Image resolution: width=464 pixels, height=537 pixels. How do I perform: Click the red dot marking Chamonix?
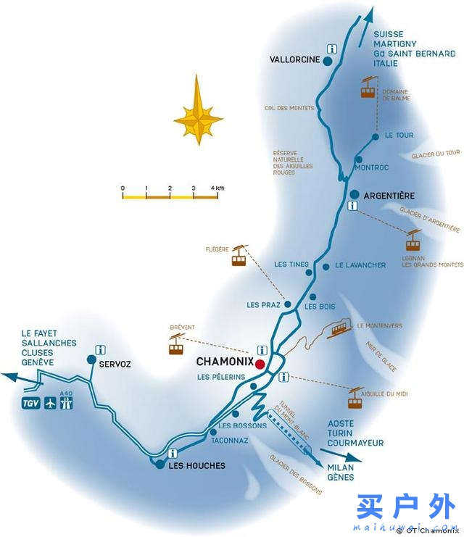tap(260, 363)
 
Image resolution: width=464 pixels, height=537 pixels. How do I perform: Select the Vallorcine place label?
tap(294, 60)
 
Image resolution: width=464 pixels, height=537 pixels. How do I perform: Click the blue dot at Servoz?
tap(91, 359)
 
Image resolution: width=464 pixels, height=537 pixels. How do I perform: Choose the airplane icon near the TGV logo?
tap(50, 402)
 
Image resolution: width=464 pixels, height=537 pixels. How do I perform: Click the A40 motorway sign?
tap(67, 401)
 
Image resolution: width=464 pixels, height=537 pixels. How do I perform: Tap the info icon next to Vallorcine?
tap(333, 49)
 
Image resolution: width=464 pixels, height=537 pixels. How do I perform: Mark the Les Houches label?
tap(196, 465)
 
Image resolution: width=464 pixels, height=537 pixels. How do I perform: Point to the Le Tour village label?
tap(399, 135)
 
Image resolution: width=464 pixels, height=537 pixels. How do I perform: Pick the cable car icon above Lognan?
tap(413, 240)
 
